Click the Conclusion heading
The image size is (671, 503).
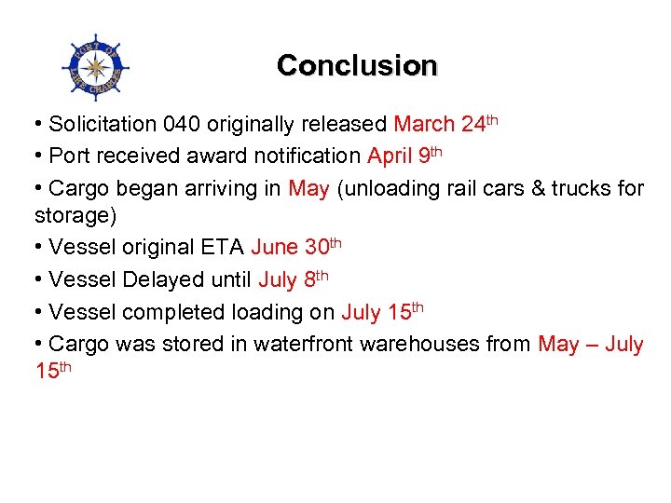(356, 65)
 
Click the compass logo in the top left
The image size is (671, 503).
(94, 66)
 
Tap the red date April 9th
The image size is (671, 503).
(410, 156)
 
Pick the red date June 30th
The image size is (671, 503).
(295, 247)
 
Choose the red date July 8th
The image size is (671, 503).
(294, 279)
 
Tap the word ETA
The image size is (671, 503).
(223, 248)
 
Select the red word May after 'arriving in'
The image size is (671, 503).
(308, 189)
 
